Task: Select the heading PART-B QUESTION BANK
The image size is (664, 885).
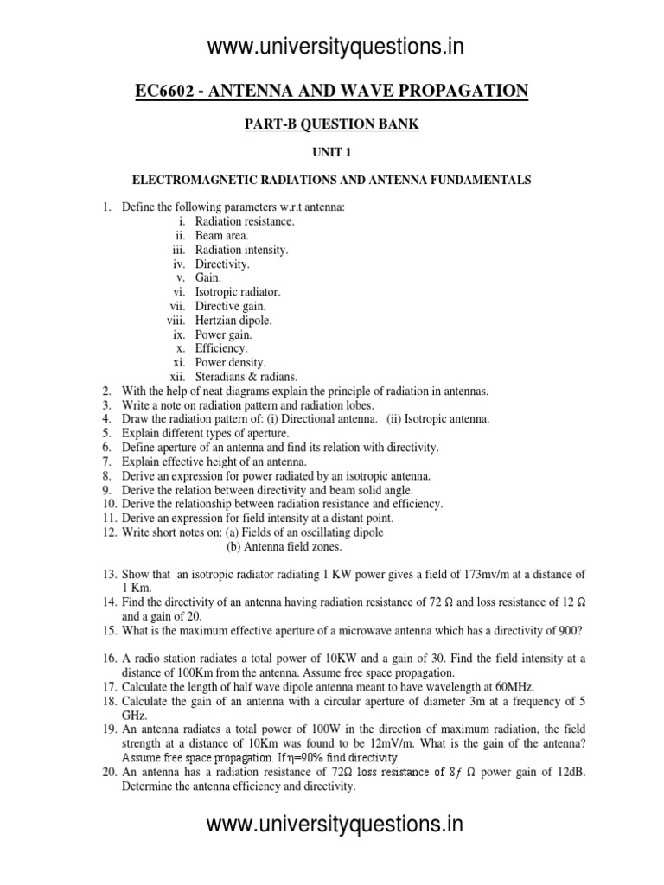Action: coord(332,124)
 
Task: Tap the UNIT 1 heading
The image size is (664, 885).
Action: coord(332,151)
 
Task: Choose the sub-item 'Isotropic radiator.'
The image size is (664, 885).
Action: coord(238,292)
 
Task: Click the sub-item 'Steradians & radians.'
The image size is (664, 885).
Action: coord(246,377)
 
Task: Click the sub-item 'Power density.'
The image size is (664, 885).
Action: coord(231,363)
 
